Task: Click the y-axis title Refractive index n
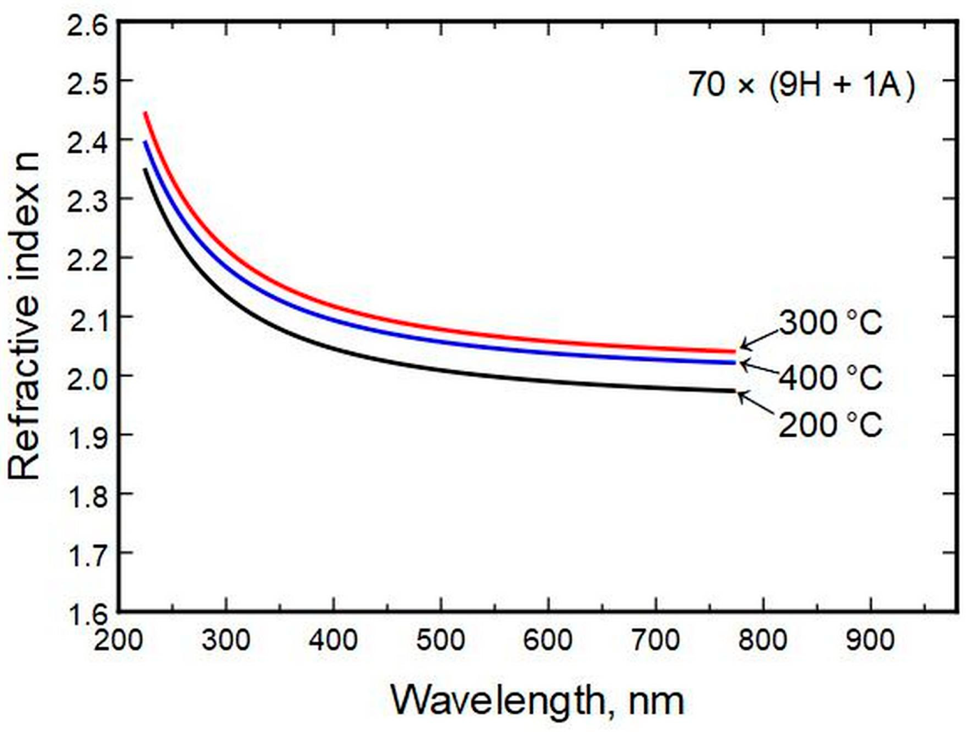[x=24, y=316]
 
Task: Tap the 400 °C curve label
[x=830, y=378]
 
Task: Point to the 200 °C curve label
[x=830, y=425]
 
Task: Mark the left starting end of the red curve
[x=145, y=113]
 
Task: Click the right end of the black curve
[x=735, y=391]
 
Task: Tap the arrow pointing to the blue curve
[x=758, y=368]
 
